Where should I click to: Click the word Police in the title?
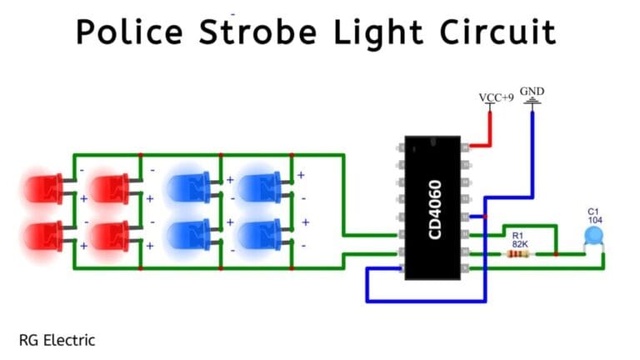pyautogui.click(x=130, y=32)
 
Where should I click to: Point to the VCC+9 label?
pyautogui.click(x=496, y=97)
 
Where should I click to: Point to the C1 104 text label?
pyautogui.click(x=593, y=215)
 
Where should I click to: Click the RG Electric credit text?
pyautogui.click(x=57, y=340)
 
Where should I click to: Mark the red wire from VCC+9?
pyautogui.click(x=487, y=130)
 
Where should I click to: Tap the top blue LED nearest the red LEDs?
pyautogui.click(x=191, y=187)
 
